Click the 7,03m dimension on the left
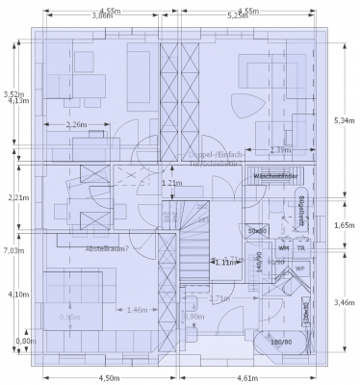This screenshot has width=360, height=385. click(13, 250)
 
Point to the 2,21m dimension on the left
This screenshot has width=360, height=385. click(13, 197)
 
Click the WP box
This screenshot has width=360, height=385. click(298, 269)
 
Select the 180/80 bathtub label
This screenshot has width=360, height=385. click(281, 342)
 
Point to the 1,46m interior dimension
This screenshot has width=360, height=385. click(136, 310)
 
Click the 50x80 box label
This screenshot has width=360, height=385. click(257, 231)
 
